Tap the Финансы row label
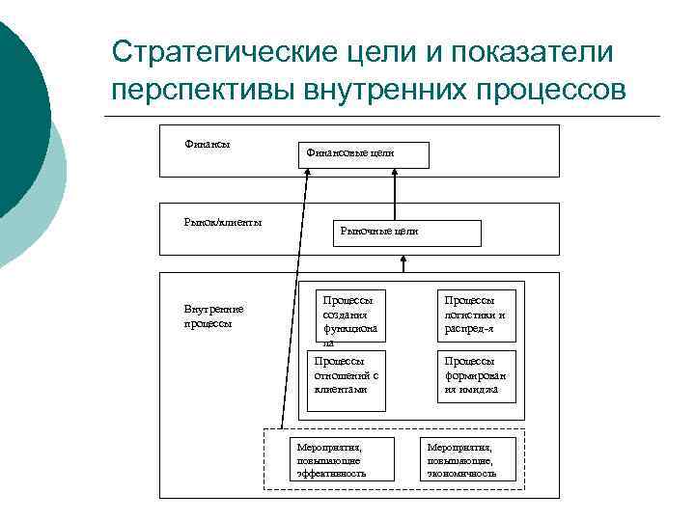207,145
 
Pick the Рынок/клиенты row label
223,222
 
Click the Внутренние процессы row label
213,315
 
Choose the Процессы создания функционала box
349,317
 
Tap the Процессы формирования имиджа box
476,375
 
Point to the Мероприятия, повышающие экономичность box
461,460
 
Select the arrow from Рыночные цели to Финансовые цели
396,194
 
